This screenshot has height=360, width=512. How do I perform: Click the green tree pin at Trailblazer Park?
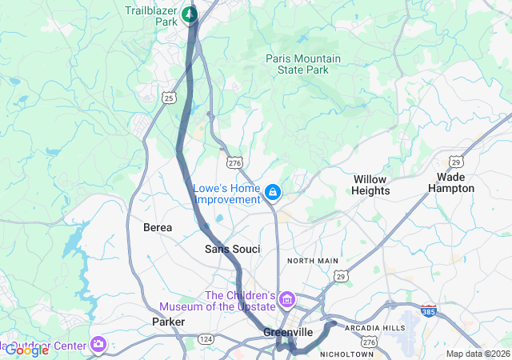tap(190, 13)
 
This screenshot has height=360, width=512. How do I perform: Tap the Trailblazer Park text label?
tap(151, 17)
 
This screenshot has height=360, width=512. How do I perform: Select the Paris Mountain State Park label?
tap(303, 65)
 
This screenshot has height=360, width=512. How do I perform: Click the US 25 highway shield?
tap(168, 98)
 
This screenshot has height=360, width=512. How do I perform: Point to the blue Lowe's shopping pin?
tap(274, 192)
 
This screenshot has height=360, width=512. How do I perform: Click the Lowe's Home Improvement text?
tap(227, 194)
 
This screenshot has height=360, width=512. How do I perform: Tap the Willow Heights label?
tap(371, 185)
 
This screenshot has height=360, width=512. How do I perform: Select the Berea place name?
tap(158, 228)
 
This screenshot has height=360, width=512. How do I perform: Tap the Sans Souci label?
tap(232, 250)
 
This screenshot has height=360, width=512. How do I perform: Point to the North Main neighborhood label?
tap(313, 261)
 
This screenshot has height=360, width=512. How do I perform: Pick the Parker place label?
tap(168, 322)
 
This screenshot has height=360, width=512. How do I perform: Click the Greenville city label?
tap(288, 332)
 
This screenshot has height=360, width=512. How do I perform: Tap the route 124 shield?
tap(206, 340)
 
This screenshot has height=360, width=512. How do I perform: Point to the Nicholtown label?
tap(346, 354)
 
